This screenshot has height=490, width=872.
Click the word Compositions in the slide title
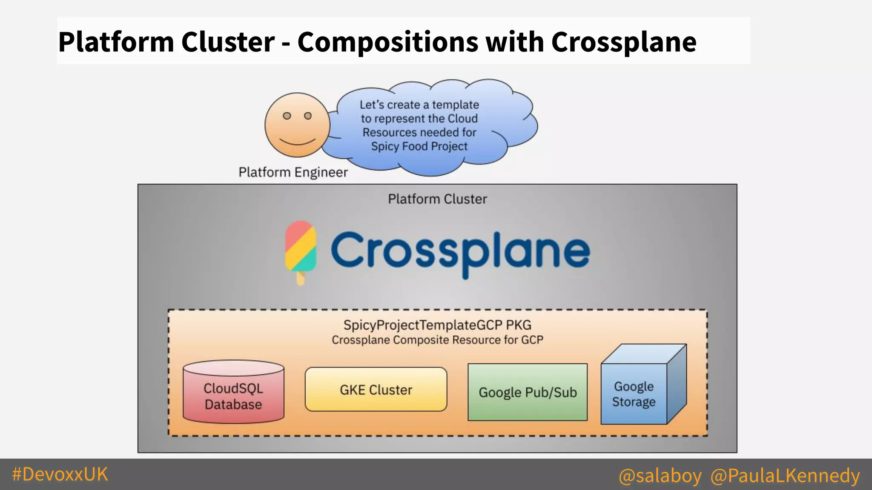(x=387, y=42)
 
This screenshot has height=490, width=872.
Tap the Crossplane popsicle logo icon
(x=301, y=249)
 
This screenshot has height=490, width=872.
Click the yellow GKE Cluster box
(x=376, y=390)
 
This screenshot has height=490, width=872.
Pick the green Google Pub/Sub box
(x=528, y=392)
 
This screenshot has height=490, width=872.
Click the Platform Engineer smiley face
(x=297, y=125)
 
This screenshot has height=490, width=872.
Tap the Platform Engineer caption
(x=293, y=172)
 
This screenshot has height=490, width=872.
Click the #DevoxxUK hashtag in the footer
(x=60, y=474)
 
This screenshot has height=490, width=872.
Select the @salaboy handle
(x=660, y=475)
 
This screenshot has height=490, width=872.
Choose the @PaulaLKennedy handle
(x=785, y=475)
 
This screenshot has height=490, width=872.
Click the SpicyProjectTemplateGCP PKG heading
(x=437, y=325)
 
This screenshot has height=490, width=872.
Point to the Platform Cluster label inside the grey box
(x=437, y=199)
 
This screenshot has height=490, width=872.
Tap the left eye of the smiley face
(x=287, y=116)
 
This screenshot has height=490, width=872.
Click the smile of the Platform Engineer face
(x=297, y=142)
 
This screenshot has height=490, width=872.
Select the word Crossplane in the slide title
(x=624, y=42)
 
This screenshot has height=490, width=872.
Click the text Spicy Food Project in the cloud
(x=419, y=146)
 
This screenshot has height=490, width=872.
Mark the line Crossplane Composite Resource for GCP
(x=437, y=340)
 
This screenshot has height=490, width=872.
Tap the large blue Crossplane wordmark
(x=460, y=251)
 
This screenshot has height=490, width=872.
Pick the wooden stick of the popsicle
(x=301, y=278)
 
